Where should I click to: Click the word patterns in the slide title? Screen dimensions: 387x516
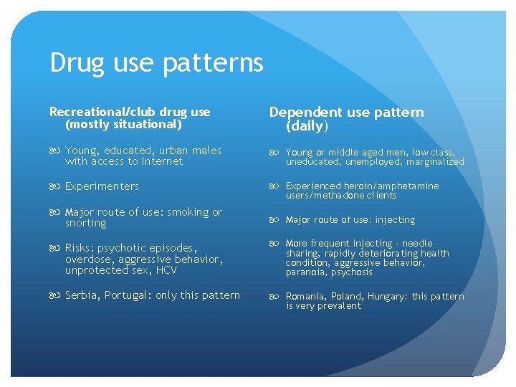[x=213, y=64]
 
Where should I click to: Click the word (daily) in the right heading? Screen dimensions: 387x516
[x=307, y=126]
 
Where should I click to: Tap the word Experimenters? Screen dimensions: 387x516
[x=102, y=186]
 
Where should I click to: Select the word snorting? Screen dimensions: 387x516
[x=85, y=223]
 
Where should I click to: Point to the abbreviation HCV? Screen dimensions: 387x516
[x=165, y=270]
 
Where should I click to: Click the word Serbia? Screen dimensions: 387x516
[x=82, y=295]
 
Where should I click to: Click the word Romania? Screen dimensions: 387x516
[x=307, y=297]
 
